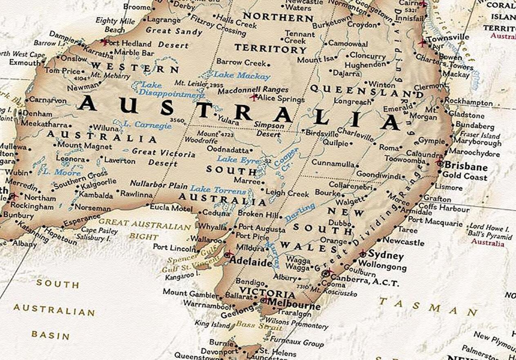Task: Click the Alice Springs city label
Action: pyautogui.click(x=282, y=99)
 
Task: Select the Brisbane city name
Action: pyautogui.click(x=466, y=167)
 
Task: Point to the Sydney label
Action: pyautogui.click(x=386, y=256)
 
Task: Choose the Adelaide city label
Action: pyautogui.click(x=251, y=262)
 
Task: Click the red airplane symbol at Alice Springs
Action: pyautogui.click(x=254, y=97)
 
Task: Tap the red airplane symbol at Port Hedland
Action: pyautogui.click(x=105, y=42)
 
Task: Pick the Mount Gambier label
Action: pyautogui.click(x=190, y=293)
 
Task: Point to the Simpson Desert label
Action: pyautogui.click(x=269, y=129)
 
